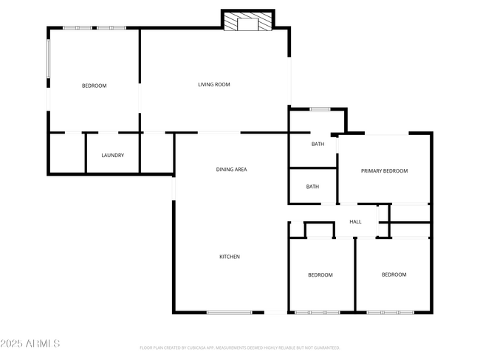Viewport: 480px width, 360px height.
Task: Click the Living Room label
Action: point(213,85)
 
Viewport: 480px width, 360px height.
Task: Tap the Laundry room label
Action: point(112,155)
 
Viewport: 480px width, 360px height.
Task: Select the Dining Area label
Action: point(231,170)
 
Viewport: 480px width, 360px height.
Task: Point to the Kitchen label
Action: point(230,257)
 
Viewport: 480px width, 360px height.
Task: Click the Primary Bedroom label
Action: point(384,171)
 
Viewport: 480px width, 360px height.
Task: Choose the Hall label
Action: point(355,221)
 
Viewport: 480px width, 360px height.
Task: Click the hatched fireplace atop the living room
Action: point(247,21)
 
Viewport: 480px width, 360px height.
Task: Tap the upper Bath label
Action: point(318,144)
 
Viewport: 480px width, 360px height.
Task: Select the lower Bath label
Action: point(312,187)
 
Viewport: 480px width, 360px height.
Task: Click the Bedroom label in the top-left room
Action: point(94,86)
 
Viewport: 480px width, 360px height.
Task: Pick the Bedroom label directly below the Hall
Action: point(320,275)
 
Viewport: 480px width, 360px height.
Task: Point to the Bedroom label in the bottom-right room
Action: point(394,275)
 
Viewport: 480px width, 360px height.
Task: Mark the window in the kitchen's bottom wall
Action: point(229,313)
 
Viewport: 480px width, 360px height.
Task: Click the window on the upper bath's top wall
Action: point(319,109)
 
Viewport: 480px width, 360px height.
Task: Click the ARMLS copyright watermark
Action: point(31,344)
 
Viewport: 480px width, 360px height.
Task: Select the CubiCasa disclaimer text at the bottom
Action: point(239,347)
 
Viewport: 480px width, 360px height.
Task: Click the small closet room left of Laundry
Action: point(66,153)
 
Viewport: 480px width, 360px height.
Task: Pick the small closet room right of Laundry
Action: point(157,153)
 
